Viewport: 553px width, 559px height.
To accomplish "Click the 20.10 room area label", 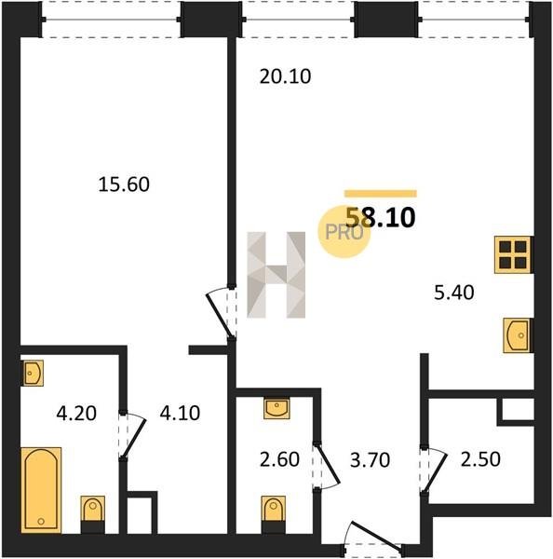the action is pos(285,76).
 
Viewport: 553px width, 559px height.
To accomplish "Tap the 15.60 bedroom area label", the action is pos(124,184).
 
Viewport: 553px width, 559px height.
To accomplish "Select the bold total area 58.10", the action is pos(381,218).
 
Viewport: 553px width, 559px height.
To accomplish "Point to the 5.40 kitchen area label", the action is pos(454,293).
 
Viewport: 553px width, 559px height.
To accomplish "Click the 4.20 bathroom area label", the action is pos(76,414).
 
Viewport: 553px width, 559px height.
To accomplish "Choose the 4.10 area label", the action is pos(180,414).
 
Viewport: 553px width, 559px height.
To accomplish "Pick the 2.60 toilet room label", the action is pos(279,459).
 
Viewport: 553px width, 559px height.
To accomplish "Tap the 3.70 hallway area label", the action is pos(370,460).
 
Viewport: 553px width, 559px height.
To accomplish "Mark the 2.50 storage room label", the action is pos(480,459).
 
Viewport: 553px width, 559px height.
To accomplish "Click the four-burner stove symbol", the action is pos(514,255).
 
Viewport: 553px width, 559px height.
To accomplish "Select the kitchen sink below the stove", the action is pos(518,335).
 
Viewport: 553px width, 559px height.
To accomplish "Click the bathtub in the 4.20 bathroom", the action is pos(41,490).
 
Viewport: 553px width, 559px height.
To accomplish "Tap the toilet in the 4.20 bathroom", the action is pos(93,514).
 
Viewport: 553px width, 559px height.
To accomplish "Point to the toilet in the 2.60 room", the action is pos(274,514).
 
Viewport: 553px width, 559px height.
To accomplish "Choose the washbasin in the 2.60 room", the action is pos(276,408).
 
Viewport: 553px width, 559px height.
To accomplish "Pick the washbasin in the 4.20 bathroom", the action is pos(33,373).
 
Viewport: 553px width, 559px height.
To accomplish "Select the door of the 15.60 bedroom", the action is pos(222,312).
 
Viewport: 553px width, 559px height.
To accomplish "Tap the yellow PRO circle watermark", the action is pos(344,232).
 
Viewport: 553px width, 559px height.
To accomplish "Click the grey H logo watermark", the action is pos(276,275).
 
